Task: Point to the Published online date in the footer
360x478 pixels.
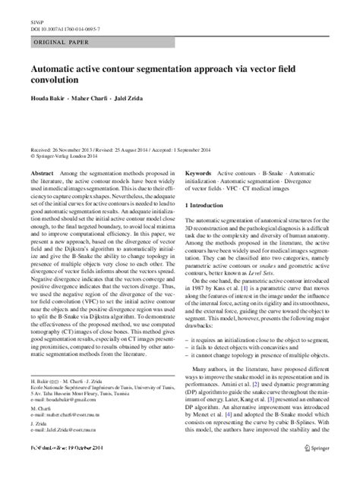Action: pyautogui.click(x=68, y=469)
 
